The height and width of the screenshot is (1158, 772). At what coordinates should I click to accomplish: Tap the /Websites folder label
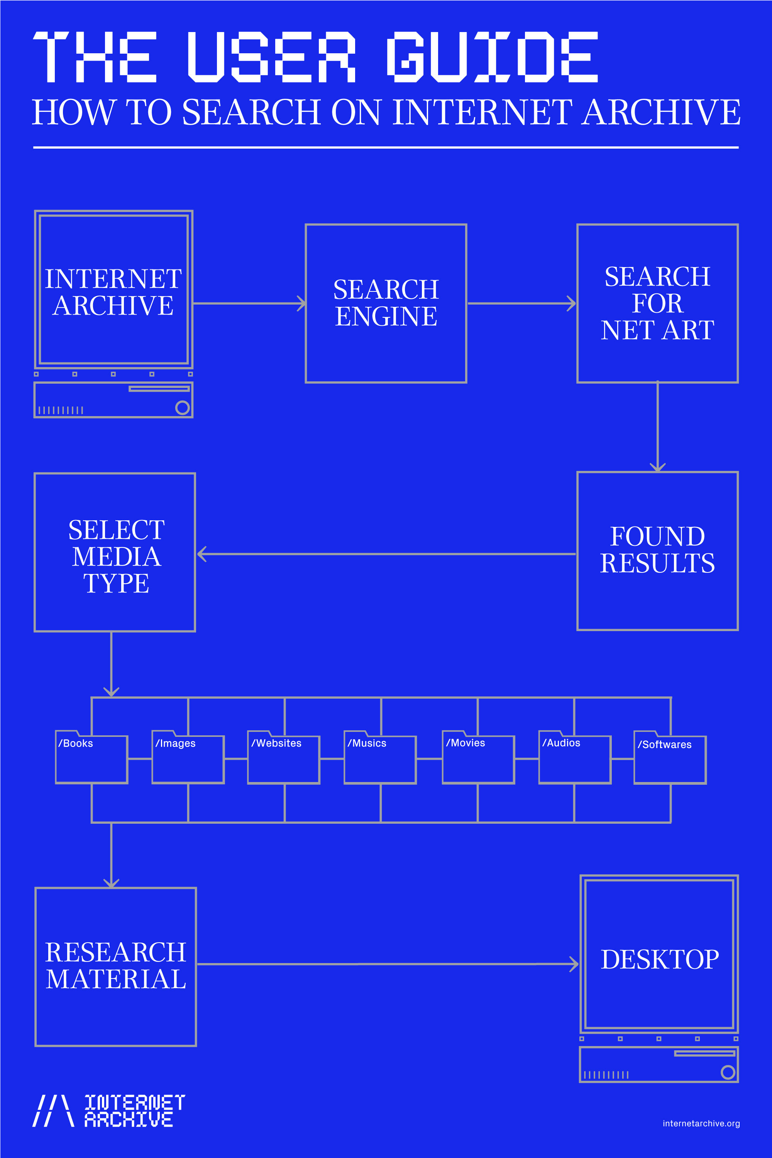[276, 743]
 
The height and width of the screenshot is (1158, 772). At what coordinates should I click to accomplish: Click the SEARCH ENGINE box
[386, 303]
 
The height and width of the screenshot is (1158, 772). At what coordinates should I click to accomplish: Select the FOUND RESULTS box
[657, 550]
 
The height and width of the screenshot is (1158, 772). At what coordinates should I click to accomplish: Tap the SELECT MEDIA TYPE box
[115, 552]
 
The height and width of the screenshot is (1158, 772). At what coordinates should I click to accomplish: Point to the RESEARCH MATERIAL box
[116, 967]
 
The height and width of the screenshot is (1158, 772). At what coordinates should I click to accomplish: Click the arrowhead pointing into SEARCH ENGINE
[301, 303]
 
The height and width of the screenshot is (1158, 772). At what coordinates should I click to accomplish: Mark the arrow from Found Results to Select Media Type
[386, 554]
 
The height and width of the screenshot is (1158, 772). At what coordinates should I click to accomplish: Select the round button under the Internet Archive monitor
[182, 408]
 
